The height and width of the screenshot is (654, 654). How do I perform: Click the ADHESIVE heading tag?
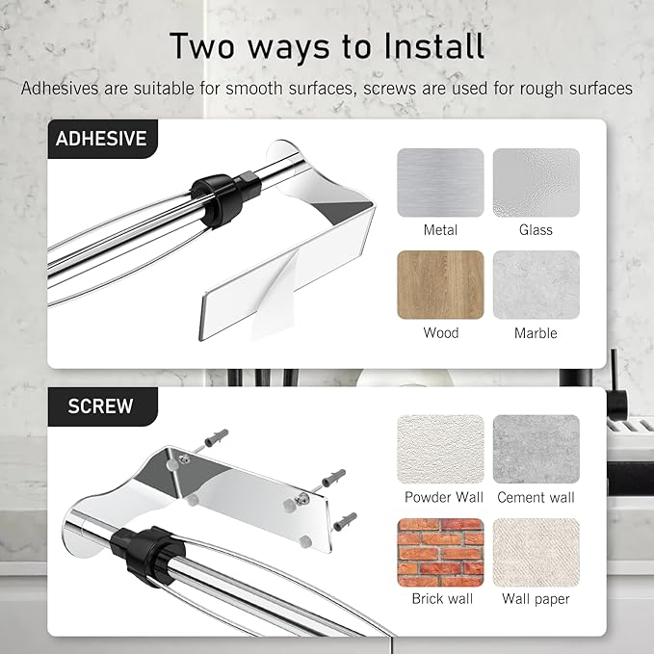click(103, 139)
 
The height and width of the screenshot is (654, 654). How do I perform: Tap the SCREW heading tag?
click(103, 406)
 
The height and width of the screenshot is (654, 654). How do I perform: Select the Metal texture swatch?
click(440, 183)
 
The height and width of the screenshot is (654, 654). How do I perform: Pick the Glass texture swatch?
click(536, 183)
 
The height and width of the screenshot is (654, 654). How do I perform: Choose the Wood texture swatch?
click(440, 285)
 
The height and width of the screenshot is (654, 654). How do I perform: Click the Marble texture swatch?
click(536, 285)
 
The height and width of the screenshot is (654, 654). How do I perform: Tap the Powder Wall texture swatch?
click(440, 449)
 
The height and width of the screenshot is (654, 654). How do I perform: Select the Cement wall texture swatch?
click(536, 449)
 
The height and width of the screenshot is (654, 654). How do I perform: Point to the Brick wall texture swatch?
click(440, 553)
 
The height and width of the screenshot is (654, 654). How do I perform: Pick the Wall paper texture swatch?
click(536, 553)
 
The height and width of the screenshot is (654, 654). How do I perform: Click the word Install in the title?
click(433, 46)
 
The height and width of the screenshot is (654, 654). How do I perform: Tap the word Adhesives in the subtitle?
click(61, 89)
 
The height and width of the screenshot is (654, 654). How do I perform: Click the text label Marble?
click(536, 333)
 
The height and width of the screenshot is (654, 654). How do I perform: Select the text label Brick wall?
click(442, 599)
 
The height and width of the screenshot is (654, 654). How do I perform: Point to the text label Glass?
click(536, 230)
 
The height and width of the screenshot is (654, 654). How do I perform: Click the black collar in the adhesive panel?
click(225, 198)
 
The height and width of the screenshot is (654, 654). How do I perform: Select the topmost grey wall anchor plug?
click(217, 438)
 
